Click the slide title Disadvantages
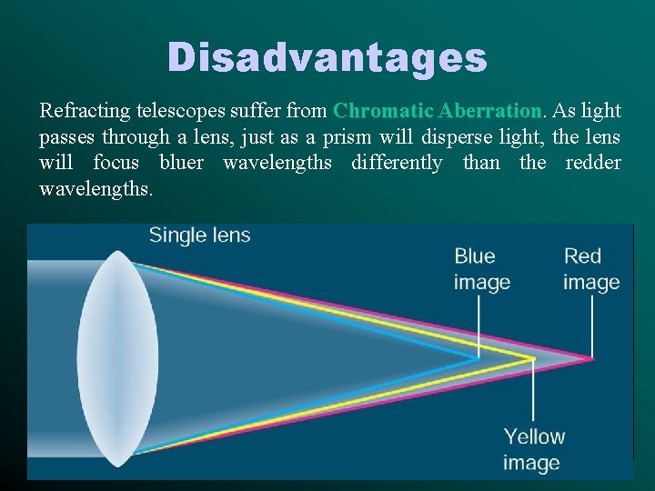(x=327, y=58)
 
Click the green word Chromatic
(x=383, y=111)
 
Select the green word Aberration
(x=489, y=111)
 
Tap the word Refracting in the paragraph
(x=85, y=111)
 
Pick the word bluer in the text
(x=186, y=164)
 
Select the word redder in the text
(x=593, y=164)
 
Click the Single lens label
(x=199, y=235)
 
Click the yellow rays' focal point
(x=533, y=360)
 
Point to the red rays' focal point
(x=592, y=358)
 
